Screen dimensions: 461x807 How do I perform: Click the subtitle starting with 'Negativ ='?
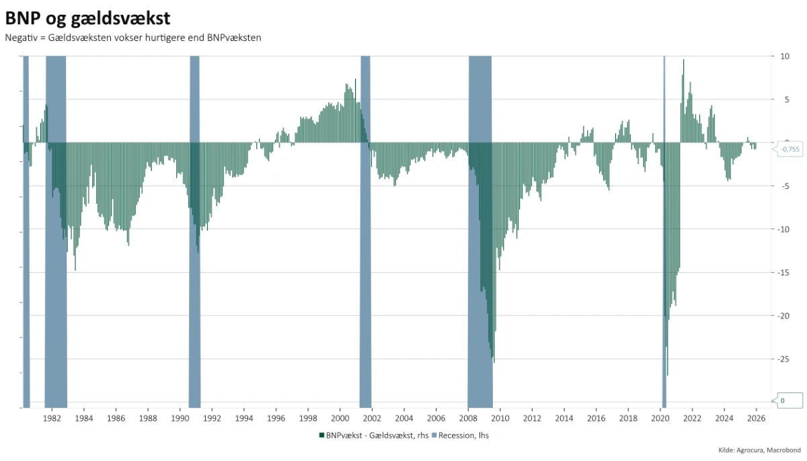click(132, 38)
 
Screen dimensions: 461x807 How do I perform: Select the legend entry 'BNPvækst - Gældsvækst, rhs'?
click(374, 435)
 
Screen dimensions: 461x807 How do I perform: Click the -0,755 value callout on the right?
click(790, 149)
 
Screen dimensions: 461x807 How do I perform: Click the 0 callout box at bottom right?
click(790, 401)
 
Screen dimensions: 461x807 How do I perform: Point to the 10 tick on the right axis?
click(784, 56)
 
